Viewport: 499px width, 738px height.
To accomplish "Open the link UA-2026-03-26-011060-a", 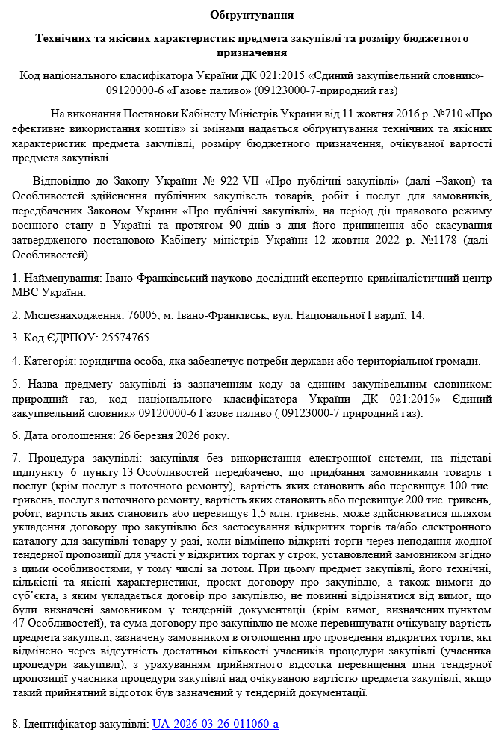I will pyautogui.click(x=215, y=724).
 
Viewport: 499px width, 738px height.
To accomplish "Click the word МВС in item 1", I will pyautogui.click(x=26, y=292).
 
